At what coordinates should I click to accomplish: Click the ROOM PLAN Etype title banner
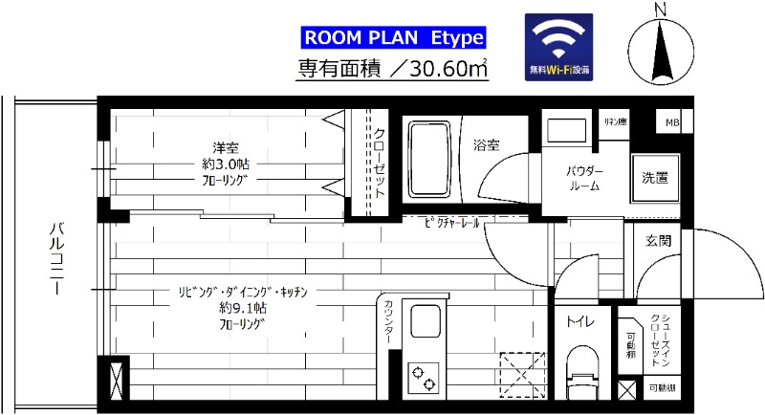(x=394, y=38)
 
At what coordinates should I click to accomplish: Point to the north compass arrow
(x=660, y=48)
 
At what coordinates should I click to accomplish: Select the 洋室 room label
(x=226, y=147)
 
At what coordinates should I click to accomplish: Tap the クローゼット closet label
(x=379, y=163)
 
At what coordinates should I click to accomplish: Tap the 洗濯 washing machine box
(x=655, y=178)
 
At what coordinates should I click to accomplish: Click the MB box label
(x=672, y=122)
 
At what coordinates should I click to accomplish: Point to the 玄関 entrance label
(x=658, y=241)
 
